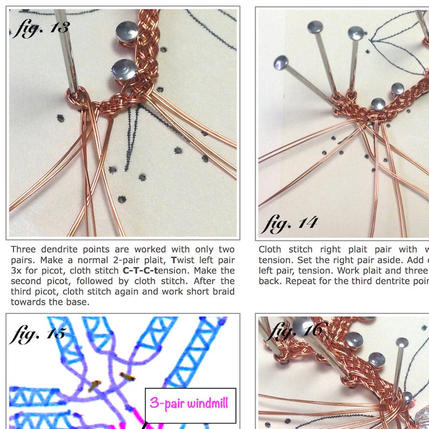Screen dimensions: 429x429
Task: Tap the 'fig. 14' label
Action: pyautogui.click(x=289, y=222)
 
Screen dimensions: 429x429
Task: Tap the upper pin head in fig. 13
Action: pyautogui.click(x=126, y=29)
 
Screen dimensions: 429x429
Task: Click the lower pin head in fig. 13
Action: pyautogui.click(x=124, y=70)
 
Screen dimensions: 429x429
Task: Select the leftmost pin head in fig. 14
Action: pyautogui.click(x=281, y=63)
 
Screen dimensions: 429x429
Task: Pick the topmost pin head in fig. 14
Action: pyautogui.click(x=315, y=26)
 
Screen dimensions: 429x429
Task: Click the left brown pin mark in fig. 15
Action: pyautogui.click(x=95, y=385)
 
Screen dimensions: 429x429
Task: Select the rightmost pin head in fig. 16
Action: pyautogui.click(x=401, y=343)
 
